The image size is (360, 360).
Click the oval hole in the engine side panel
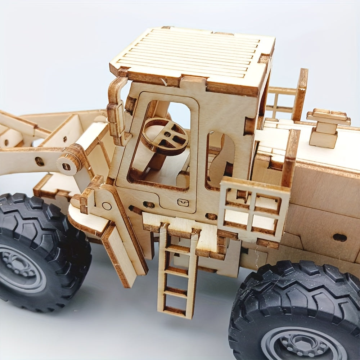point(339,238)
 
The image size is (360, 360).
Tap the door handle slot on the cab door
point(183,203)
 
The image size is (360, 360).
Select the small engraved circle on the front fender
point(107,206)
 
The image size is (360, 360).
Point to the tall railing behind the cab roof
point(288,95)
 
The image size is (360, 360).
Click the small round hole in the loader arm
point(40,161)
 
